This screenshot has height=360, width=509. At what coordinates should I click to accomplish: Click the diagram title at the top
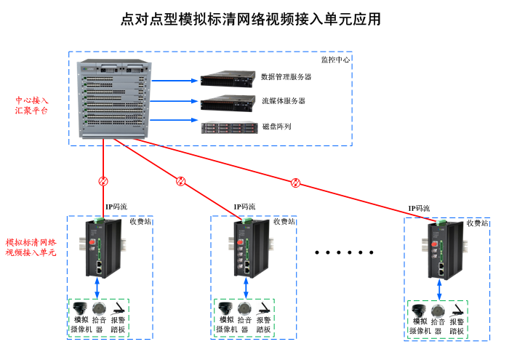251,20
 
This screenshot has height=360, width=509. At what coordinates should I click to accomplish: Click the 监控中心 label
336,60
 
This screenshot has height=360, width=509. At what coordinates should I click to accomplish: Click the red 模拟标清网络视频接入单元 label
31,247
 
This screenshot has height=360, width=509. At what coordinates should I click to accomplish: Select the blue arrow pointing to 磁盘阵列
175,119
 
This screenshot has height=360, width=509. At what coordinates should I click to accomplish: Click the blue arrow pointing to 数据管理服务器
175,79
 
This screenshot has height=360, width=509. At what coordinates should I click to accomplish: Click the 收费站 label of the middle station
284,222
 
